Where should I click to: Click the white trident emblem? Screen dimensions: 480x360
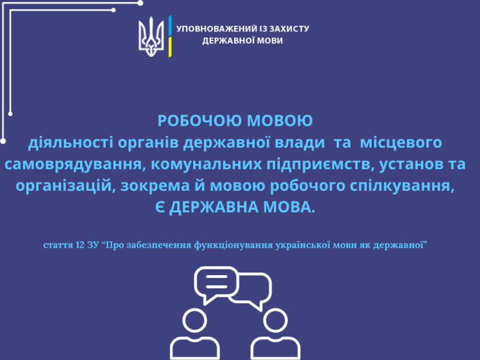[151, 37]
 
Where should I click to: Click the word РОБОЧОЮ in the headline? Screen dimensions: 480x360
[200, 121]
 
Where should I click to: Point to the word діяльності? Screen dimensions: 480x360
[71, 142]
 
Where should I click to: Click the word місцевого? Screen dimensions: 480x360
[401, 143]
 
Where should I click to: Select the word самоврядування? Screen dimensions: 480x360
[74, 164]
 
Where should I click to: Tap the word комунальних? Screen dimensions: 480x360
[206, 164]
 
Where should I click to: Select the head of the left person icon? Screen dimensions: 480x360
[195, 321]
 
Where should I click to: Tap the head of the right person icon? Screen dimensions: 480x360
[276, 321]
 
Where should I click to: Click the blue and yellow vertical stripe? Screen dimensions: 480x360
[170, 36]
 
